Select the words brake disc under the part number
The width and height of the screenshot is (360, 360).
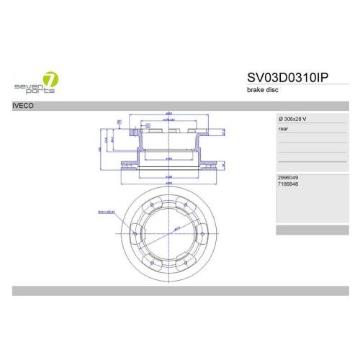point(262,91)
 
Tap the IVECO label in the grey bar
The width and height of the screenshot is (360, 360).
point(22,105)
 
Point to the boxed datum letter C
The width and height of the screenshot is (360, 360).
point(147,125)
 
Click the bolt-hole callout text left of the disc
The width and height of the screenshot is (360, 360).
point(107,212)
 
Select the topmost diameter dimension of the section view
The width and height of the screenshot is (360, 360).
point(168,114)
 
